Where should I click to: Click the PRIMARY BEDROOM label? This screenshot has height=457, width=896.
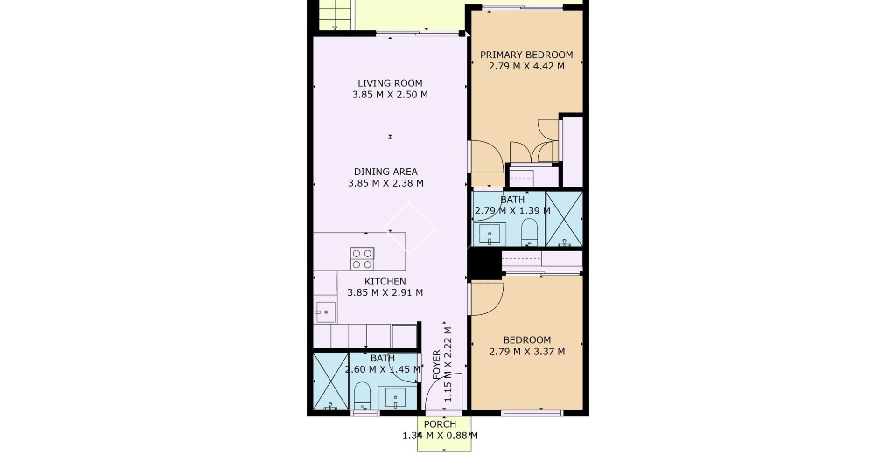(526, 55)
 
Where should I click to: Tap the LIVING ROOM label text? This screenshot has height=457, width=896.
(390, 83)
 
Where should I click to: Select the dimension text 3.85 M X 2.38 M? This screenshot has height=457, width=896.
(385, 183)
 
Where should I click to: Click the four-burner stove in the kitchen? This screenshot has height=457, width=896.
(362, 259)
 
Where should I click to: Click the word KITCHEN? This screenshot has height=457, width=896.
(385, 282)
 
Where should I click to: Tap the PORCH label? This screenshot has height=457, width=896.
(440, 424)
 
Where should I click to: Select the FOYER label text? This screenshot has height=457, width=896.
(437, 365)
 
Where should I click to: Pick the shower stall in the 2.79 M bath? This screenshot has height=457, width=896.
(564, 219)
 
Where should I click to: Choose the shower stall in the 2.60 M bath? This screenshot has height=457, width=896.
(331, 381)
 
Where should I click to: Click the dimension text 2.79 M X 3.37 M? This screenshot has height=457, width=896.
(527, 352)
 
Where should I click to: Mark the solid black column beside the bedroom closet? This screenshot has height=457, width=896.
(484, 264)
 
